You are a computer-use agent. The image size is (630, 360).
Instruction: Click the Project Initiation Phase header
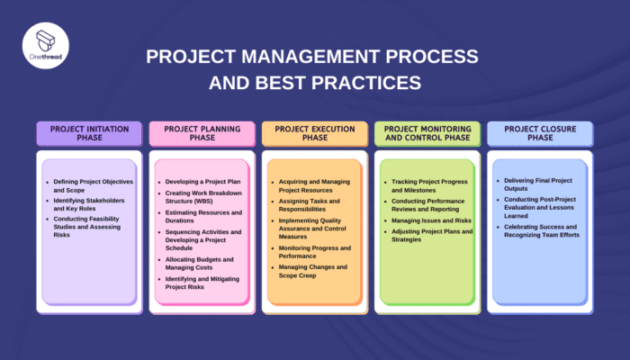pyautogui.click(x=89, y=134)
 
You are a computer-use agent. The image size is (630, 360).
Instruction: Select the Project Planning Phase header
pyautogui.click(x=202, y=134)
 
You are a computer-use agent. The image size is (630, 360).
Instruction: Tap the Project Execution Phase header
pyautogui.click(x=314, y=134)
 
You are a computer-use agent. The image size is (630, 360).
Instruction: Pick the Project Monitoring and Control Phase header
pyautogui.click(x=427, y=134)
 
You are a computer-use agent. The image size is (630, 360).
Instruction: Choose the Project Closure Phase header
pyautogui.click(x=540, y=134)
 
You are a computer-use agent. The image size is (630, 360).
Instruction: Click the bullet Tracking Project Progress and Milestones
pyautogui.click(x=427, y=186)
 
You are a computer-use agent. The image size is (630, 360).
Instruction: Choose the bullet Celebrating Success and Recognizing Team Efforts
pyautogui.click(x=541, y=230)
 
